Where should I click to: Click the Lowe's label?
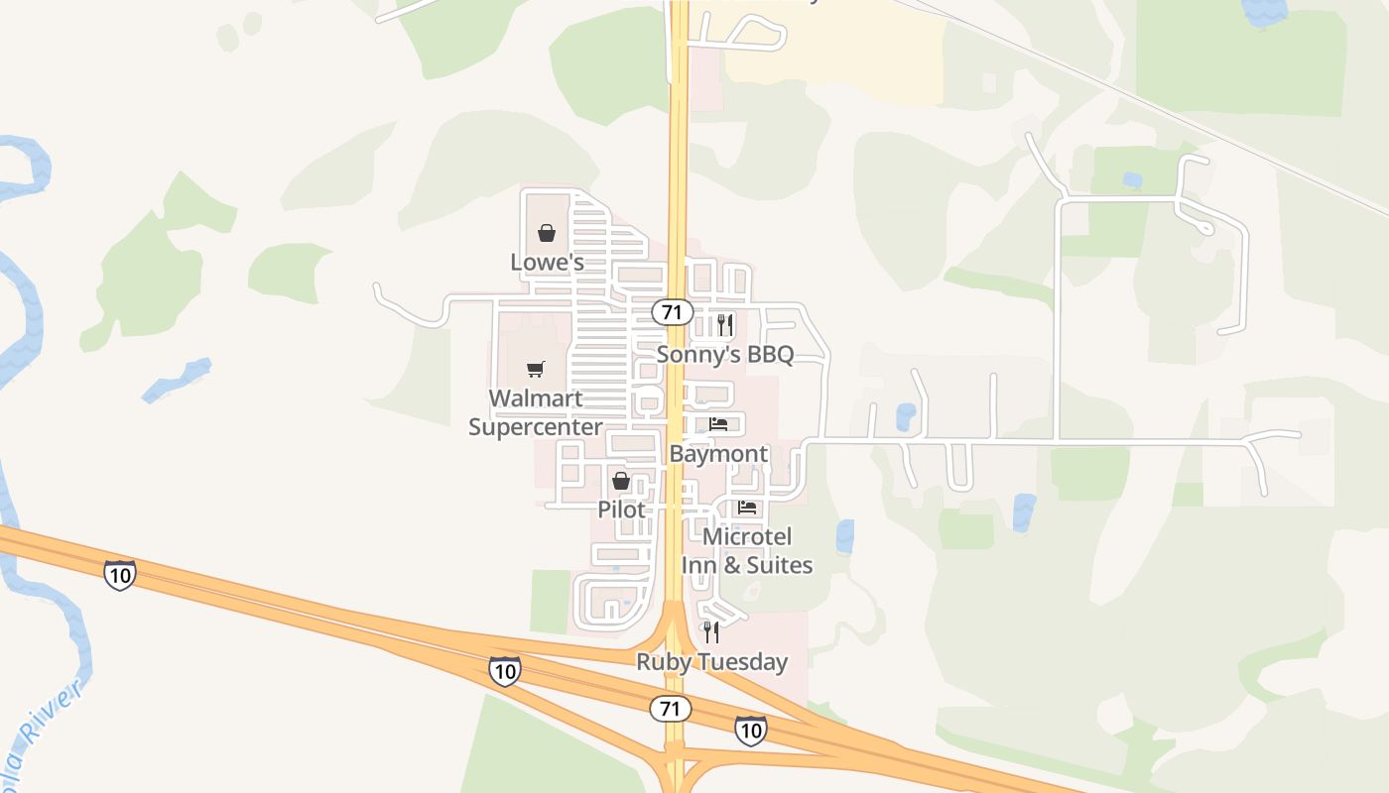coord(547,263)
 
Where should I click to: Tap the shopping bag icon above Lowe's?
coord(546,234)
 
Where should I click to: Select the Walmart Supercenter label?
coord(535,412)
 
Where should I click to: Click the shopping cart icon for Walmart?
coord(536,370)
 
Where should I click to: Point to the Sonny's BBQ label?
coord(725,355)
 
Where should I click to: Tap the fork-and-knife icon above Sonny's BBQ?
coord(725,324)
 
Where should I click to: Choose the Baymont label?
coord(718,454)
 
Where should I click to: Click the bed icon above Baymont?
coord(718,424)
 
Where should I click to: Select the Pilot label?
coord(621,510)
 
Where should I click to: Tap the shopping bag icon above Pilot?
coord(621,482)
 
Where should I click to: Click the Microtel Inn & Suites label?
coord(747,550)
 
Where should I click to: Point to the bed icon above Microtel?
coord(747,508)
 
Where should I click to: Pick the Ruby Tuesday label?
coord(711,662)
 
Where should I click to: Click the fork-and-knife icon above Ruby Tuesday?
coord(711,631)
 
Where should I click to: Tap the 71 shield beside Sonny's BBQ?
coord(672,312)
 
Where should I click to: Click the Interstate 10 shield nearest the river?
coord(119,574)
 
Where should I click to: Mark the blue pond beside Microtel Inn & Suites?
coord(844,536)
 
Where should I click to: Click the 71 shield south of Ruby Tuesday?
coord(671,709)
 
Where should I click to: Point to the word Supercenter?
coord(535,427)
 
